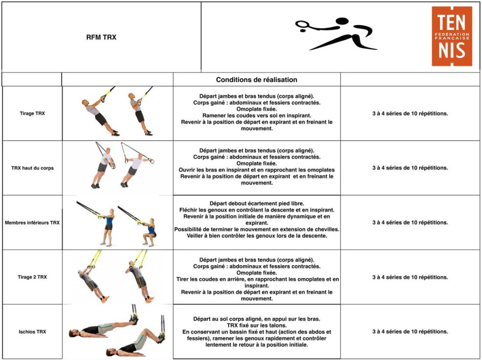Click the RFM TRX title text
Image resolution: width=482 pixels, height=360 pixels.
click(x=101, y=37)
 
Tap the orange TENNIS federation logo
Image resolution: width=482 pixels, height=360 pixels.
click(x=452, y=36)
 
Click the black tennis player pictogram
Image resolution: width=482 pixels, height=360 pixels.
click(x=337, y=33)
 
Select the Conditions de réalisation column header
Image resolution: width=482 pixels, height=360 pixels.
click(x=256, y=80)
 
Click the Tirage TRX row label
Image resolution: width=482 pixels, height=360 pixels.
click(x=32, y=114)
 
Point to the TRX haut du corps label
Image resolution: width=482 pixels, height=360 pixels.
click(x=32, y=168)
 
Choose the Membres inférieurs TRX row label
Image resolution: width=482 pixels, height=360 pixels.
click(x=32, y=222)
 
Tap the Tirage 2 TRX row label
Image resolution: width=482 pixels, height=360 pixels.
click(x=32, y=277)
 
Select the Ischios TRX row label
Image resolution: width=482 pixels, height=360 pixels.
click(x=32, y=332)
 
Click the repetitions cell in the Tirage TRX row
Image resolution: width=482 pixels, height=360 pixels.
click(x=410, y=114)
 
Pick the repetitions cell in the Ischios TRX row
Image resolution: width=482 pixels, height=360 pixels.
click(x=410, y=332)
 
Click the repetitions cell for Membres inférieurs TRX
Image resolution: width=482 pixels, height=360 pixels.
click(x=410, y=222)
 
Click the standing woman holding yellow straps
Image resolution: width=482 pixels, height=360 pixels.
click(x=108, y=227)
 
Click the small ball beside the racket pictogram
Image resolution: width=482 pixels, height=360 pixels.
click(x=303, y=31)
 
